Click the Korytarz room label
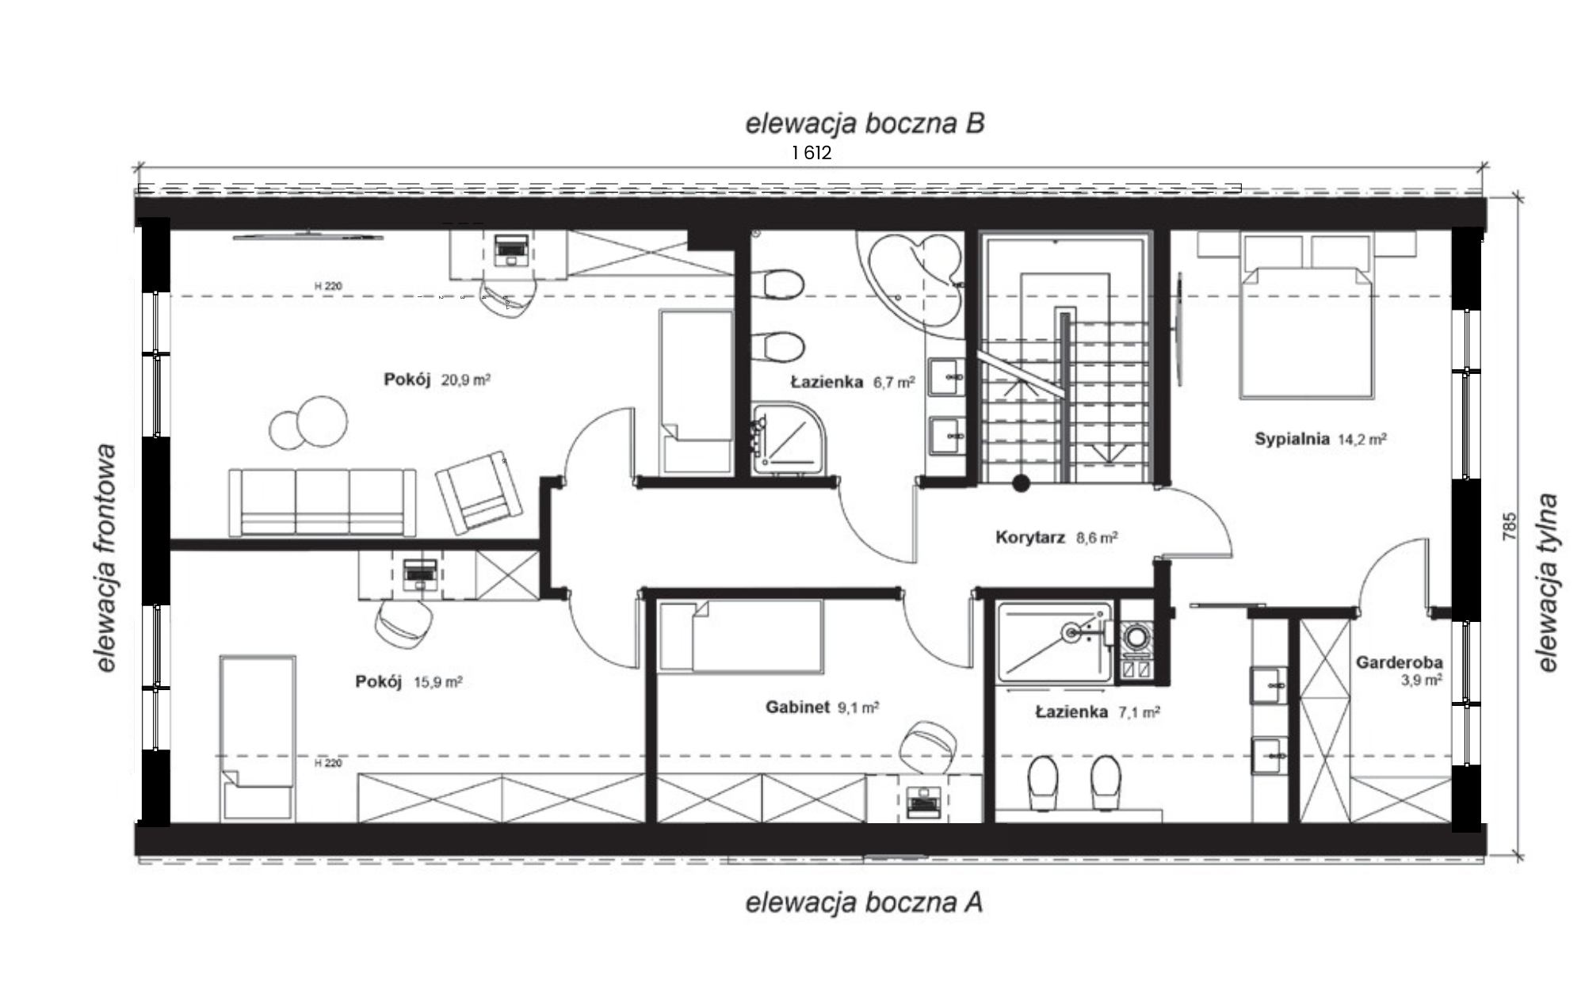click(x=1029, y=538)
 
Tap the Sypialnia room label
click(x=1291, y=439)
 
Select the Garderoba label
click(x=1399, y=662)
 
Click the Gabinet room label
click(x=797, y=707)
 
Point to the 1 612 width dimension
click(x=812, y=153)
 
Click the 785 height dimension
click(x=1509, y=527)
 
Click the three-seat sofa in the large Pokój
click(x=322, y=502)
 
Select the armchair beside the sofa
click(x=479, y=494)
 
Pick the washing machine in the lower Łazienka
click(x=1136, y=642)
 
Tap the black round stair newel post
click(x=1021, y=483)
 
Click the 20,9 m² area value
click(x=466, y=380)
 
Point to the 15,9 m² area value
click(x=437, y=682)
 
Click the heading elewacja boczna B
click(x=865, y=124)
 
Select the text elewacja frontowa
click(x=105, y=559)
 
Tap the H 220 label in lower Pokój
click(x=328, y=763)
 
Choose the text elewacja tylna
click(x=1548, y=583)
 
